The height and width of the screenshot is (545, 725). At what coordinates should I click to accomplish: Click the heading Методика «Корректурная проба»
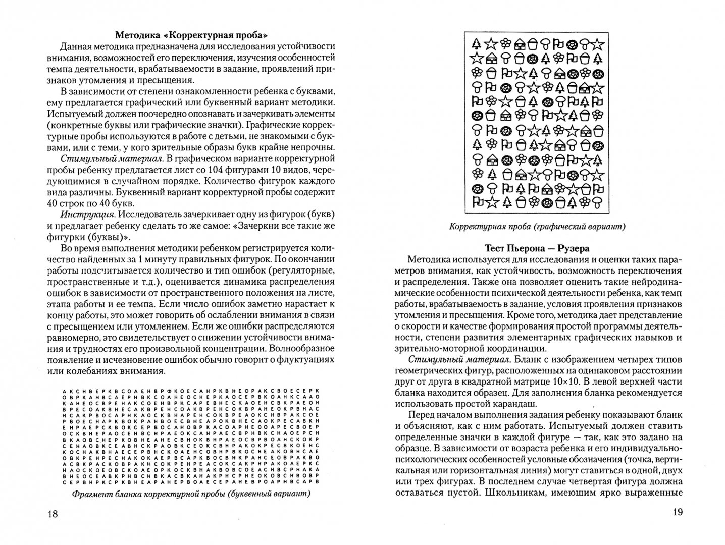point(191,35)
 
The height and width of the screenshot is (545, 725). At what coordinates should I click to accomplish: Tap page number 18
point(53,514)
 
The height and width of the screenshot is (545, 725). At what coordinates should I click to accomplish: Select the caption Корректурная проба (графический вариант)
point(537,227)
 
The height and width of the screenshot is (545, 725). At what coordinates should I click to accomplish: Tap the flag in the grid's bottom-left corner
point(475,202)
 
